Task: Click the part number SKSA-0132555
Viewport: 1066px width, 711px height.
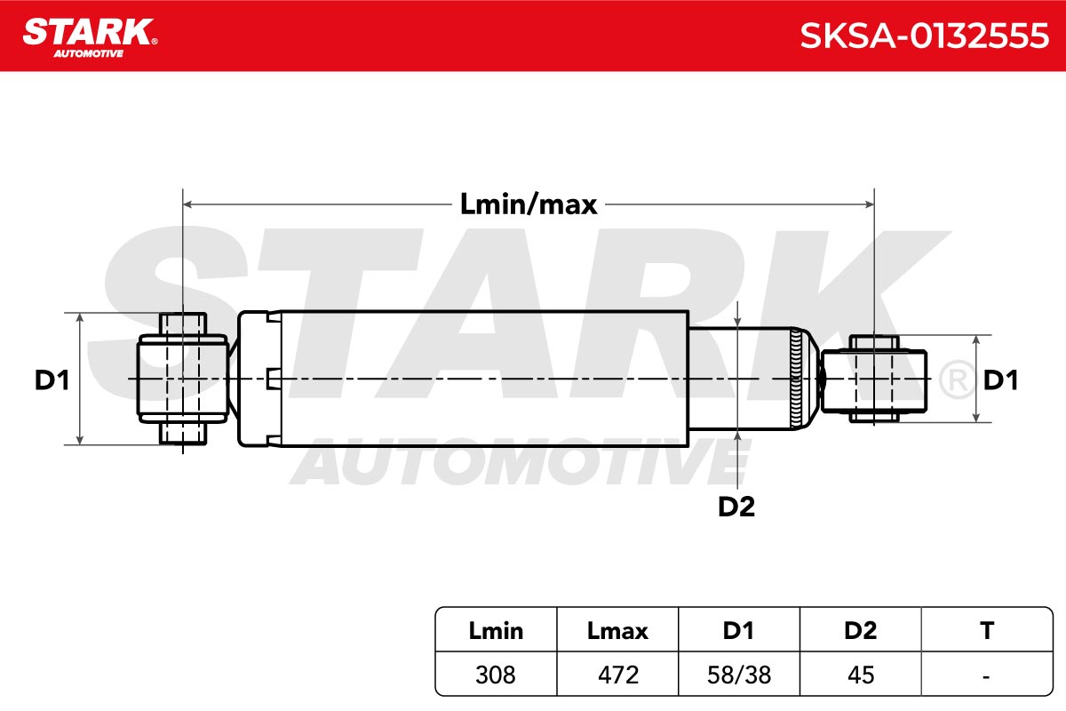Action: coord(924,36)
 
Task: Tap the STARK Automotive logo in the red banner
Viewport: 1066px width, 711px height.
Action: coord(90,38)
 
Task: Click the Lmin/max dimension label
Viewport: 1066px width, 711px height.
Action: coord(529,204)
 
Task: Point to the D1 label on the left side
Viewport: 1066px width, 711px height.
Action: coord(52,380)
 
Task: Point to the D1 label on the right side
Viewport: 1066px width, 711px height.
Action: coord(1000,380)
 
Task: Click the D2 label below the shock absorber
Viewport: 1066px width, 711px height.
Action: coord(736,507)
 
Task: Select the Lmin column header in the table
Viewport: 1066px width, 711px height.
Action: coord(496,630)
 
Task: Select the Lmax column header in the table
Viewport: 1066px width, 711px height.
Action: coord(617,630)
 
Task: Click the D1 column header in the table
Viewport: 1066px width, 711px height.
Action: coord(738,630)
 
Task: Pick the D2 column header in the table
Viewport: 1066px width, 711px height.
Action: coord(861,630)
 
